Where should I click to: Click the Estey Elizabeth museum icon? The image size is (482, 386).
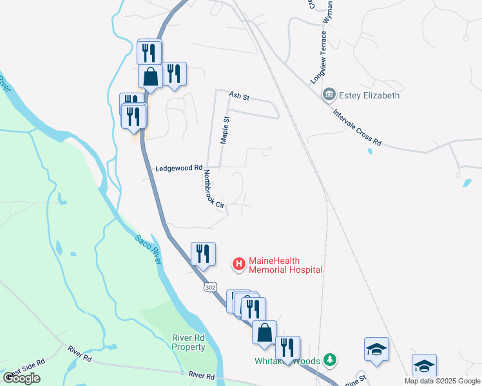point(329,95)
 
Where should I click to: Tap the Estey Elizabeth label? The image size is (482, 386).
point(370,95)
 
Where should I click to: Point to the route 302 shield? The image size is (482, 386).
point(210,287)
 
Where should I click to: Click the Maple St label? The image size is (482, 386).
point(225,130)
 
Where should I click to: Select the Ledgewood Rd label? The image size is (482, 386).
point(179,169)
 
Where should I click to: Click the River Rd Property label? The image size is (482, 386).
point(188,342)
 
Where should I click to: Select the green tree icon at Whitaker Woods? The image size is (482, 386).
point(330,359)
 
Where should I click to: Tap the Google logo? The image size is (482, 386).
point(22,378)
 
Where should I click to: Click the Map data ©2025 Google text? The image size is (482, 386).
point(441,381)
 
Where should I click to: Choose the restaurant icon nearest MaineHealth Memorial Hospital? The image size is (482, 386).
point(203,253)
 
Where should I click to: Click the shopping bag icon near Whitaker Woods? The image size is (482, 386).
point(264,332)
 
